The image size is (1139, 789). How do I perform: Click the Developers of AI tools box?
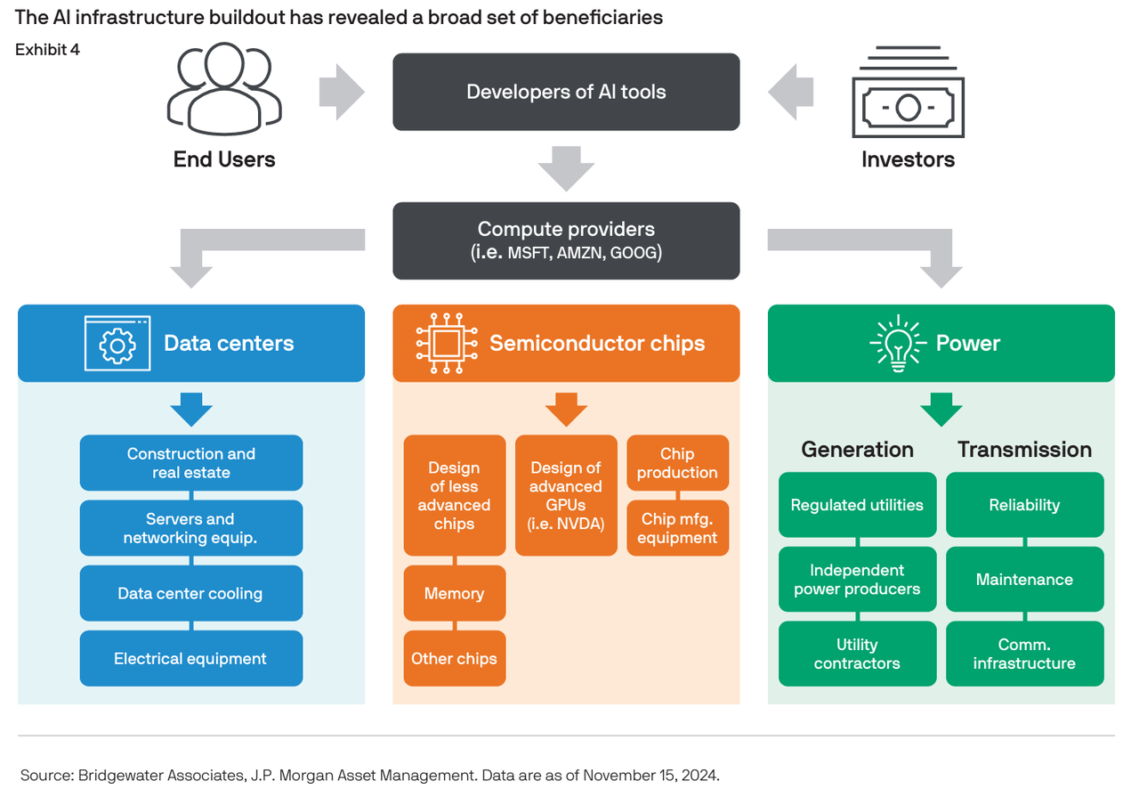point(566,92)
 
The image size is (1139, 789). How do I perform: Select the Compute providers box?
point(566,240)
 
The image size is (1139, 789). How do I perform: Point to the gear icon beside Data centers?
point(117,344)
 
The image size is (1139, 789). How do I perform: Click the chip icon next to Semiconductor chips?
point(446,343)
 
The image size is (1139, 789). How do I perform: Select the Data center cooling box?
point(190,593)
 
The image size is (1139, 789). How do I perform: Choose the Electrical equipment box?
point(190,659)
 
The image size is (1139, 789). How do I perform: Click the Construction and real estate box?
point(190,462)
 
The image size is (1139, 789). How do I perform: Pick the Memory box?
point(454,593)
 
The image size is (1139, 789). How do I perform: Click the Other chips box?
point(454,659)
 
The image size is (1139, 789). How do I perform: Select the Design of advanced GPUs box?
point(566,495)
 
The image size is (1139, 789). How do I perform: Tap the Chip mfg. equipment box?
point(677,528)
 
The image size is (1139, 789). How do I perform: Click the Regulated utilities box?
point(857,505)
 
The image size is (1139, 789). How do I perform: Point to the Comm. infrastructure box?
point(1024,654)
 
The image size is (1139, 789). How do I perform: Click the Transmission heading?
point(1024,450)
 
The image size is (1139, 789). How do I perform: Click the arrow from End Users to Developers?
point(342,92)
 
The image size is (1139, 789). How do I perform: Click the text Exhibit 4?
point(47,50)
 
